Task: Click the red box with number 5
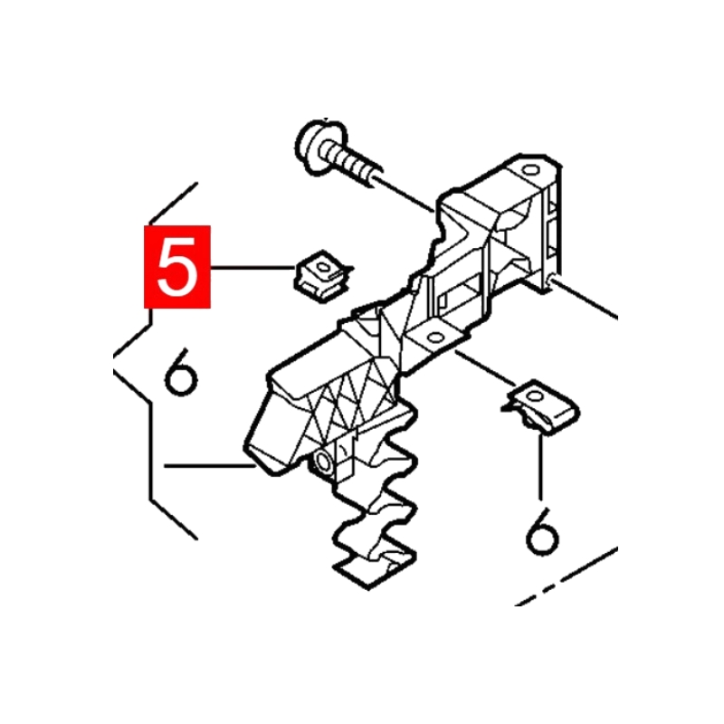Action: pyautogui.click(x=177, y=266)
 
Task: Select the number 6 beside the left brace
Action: pyautogui.click(x=181, y=372)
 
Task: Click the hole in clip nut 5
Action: pyautogui.click(x=323, y=267)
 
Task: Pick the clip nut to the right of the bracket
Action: pyautogui.click(x=542, y=406)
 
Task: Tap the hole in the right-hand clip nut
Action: pyautogui.click(x=535, y=395)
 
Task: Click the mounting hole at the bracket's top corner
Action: pyautogui.click(x=530, y=170)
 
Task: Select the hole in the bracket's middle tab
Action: pyautogui.click(x=435, y=338)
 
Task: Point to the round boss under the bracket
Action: pyautogui.click(x=322, y=462)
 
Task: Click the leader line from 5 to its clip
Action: pyautogui.click(x=253, y=267)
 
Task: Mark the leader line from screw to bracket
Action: pyautogui.click(x=403, y=193)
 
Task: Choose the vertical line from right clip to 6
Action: pyautogui.click(x=540, y=466)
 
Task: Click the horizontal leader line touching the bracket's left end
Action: pyautogui.click(x=210, y=466)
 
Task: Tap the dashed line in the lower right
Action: pyautogui.click(x=566, y=576)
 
